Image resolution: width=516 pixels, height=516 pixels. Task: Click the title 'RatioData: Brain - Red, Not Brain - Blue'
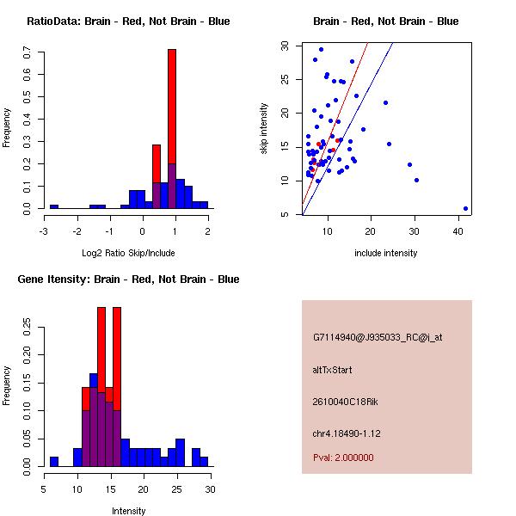click(128, 21)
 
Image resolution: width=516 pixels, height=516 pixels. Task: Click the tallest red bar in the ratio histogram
click(172, 103)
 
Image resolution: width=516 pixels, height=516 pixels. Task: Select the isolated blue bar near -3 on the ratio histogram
click(54, 206)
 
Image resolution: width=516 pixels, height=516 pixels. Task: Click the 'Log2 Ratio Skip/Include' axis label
click(128, 252)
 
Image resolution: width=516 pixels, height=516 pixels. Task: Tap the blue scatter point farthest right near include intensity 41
click(465, 208)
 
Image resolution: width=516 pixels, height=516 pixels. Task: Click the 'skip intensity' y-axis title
click(265, 129)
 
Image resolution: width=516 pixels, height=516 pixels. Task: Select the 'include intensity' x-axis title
click(386, 253)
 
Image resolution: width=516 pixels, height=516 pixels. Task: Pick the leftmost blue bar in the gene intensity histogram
click(54, 461)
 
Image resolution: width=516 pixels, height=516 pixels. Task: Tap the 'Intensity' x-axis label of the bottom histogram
click(129, 511)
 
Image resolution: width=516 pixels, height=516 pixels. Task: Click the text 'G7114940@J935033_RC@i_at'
click(378, 338)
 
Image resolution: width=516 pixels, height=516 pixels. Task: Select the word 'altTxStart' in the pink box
click(333, 370)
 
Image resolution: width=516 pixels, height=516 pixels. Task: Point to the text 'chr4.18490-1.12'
click(347, 433)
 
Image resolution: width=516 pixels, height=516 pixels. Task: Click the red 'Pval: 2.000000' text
click(344, 458)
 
